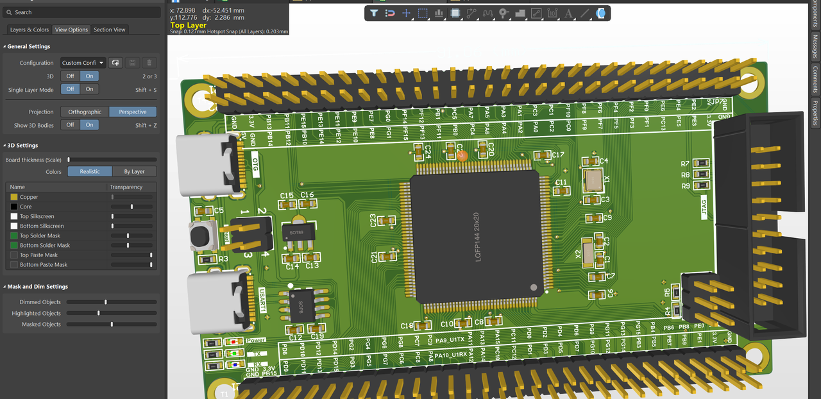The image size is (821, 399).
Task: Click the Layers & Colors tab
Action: (30, 30)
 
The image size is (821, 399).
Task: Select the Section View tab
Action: (110, 30)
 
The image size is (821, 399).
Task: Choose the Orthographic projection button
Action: (85, 112)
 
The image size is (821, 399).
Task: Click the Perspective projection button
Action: (133, 112)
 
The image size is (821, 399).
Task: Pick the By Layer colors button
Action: (135, 171)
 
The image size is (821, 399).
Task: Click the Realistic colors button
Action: (90, 171)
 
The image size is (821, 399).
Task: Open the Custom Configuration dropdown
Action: (83, 63)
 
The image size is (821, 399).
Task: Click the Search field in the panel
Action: (83, 12)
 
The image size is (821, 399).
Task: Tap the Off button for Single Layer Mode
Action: (70, 89)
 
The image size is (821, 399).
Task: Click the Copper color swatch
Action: (13, 197)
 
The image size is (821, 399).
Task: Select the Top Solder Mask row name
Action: (40, 235)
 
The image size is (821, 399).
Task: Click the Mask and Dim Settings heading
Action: (37, 287)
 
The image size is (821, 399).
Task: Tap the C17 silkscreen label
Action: (557, 155)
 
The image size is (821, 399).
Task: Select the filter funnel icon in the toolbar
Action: (374, 13)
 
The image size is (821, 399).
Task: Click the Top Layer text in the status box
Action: (189, 25)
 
